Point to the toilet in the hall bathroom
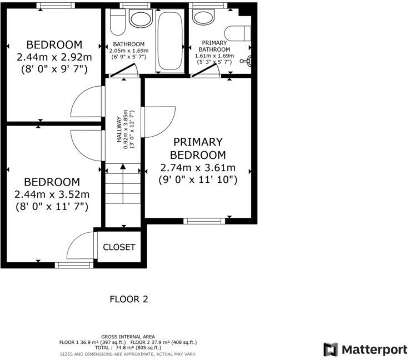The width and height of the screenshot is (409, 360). tap(117, 23)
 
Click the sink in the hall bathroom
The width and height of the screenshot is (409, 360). tap(140, 18)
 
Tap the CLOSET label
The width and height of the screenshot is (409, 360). tap(119, 247)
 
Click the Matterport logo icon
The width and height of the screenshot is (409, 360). tap(331, 349)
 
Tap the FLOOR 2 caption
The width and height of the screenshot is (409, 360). tap(128, 299)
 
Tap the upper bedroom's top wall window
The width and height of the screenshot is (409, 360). tap(56, 5)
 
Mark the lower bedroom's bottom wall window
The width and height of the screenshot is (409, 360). tap(73, 265)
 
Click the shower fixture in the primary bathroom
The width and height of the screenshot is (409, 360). tap(248, 61)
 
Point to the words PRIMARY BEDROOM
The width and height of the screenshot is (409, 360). tap(197, 148)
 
